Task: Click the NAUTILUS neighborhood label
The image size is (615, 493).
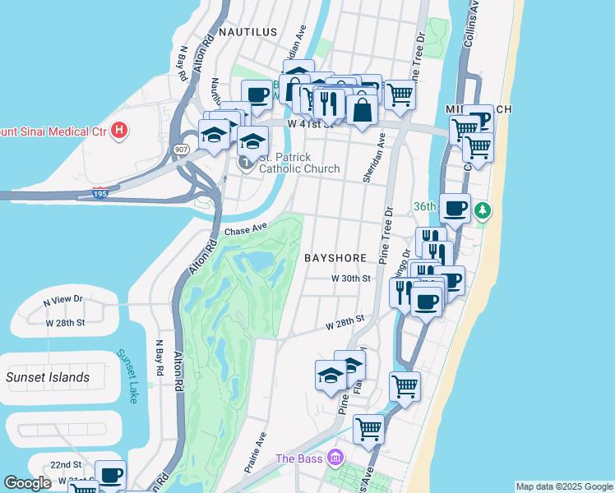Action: click(x=247, y=32)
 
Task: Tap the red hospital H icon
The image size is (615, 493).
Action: click(x=120, y=130)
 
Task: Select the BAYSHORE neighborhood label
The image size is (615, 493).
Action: click(x=335, y=257)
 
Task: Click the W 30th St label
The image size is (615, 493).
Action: click(x=352, y=279)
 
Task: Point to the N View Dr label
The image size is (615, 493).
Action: click(x=62, y=300)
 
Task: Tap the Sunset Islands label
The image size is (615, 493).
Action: click(x=48, y=377)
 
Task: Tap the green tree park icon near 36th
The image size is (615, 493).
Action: click(x=483, y=212)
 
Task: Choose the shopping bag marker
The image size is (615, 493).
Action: click(x=362, y=108)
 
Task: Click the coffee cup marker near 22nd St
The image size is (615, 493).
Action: click(x=110, y=475)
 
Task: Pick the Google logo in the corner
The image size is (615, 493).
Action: click(x=27, y=483)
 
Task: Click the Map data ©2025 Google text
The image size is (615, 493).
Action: click(x=563, y=486)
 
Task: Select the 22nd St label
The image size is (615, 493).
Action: click(x=65, y=464)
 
